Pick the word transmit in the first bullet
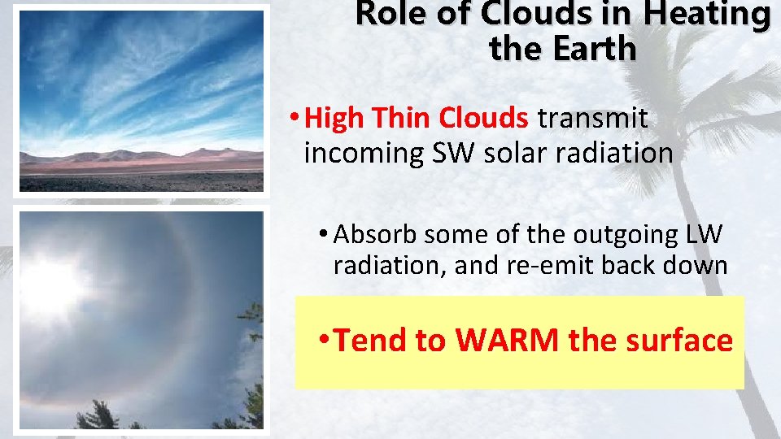coord(593,119)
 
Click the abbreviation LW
coord(703,234)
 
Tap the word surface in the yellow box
coord(679,341)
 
